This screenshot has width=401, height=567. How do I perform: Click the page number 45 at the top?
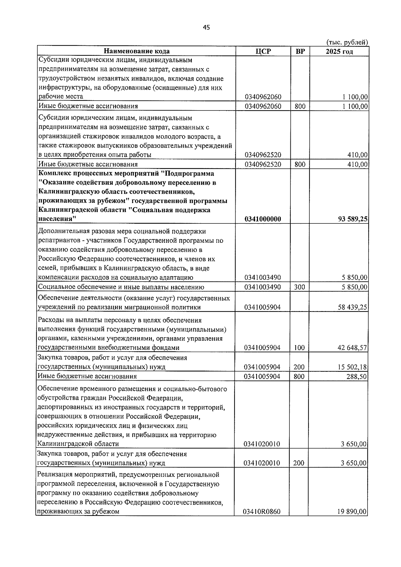206,28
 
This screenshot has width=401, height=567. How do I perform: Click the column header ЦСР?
263,51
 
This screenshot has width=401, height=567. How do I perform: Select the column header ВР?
300,51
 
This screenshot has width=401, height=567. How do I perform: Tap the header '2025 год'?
339,51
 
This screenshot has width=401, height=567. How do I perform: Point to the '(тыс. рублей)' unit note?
347,42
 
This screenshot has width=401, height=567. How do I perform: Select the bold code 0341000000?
263,219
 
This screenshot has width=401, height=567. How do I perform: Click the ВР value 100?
299,348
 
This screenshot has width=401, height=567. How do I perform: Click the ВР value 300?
299,287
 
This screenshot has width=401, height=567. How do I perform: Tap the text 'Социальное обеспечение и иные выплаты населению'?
121,287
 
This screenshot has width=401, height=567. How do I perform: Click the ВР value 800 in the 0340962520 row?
300,164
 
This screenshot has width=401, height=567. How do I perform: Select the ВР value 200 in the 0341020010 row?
299,463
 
